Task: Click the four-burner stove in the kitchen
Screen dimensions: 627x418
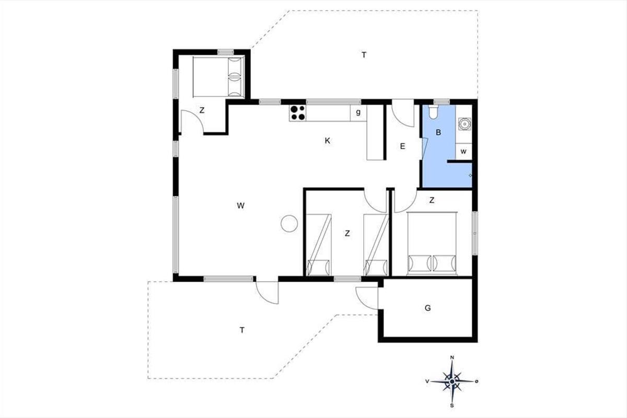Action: (x=297, y=113)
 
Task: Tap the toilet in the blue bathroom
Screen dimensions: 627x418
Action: (x=434, y=112)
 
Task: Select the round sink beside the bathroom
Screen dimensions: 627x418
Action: (x=465, y=124)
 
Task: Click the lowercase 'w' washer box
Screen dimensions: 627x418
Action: (x=463, y=152)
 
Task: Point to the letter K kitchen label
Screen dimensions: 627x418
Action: (x=327, y=141)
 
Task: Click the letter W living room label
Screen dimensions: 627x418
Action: (x=241, y=206)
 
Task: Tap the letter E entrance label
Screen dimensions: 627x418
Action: (x=402, y=146)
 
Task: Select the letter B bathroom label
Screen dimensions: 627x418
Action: (x=438, y=132)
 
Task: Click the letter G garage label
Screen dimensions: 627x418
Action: (x=428, y=308)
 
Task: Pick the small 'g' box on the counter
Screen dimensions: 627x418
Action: (x=358, y=113)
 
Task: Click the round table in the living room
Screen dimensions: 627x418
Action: (x=289, y=223)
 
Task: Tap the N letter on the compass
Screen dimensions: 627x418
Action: (x=452, y=357)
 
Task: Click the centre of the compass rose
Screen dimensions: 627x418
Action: (x=452, y=381)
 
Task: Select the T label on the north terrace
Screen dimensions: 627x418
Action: (x=364, y=55)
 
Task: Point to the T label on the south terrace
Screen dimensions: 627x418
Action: (x=242, y=330)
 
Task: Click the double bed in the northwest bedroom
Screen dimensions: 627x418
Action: (x=218, y=77)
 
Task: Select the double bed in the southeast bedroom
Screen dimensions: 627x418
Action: (x=432, y=243)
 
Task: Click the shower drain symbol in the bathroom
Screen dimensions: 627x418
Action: (x=470, y=175)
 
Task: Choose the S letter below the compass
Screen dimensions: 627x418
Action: (x=452, y=405)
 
